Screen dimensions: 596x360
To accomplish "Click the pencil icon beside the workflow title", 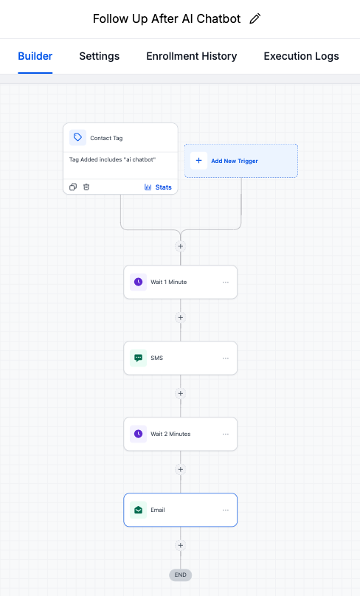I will (255, 19).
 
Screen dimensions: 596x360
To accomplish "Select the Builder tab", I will (35, 56).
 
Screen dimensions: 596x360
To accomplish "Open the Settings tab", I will (99, 56).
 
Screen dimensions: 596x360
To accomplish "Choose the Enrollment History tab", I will (192, 56).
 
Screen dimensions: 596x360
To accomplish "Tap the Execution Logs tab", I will (301, 56).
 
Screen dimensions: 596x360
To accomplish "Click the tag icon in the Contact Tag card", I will (77, 138).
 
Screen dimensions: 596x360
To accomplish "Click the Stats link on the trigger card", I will (158, 187).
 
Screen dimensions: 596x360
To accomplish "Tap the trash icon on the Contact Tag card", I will (86, 187).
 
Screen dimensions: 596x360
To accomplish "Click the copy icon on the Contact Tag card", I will (73, 187).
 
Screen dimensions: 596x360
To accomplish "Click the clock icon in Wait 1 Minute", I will (138, 283).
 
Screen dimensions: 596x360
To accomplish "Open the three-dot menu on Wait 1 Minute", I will (226, 283).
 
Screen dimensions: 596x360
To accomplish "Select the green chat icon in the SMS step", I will (138, 358).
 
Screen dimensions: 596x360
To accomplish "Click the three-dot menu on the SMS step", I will (226, 358).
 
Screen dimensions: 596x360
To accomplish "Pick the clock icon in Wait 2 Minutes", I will (138, 434).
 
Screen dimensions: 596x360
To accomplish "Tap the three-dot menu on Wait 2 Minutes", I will (226, 434).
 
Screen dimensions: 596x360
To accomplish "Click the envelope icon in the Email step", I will (138, 510).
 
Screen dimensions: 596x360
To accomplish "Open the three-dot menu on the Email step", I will (226, 510).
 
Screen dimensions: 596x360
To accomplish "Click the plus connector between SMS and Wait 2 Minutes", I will (180, 394).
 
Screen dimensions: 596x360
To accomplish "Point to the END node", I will (180, 575).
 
